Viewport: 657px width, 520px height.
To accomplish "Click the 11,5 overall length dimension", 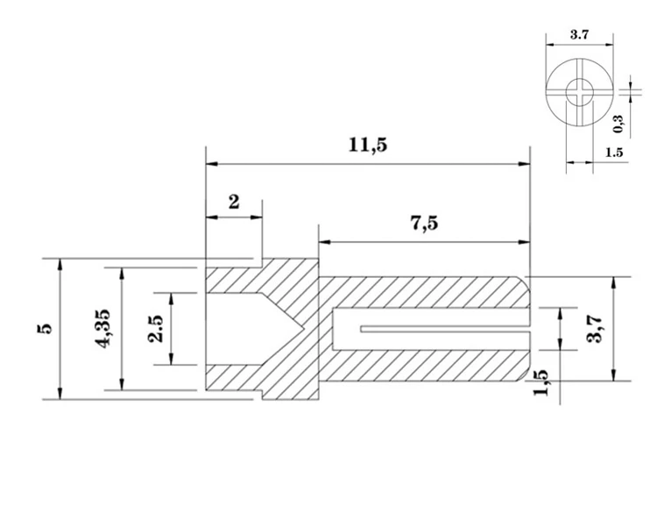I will point(367,146).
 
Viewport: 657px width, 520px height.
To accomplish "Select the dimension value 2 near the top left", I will point(234,202).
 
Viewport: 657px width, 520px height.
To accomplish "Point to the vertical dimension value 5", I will point(45,329).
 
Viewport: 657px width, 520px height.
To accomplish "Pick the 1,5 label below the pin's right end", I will point(540,382).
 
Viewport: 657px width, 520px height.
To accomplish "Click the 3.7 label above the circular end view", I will point(579,36).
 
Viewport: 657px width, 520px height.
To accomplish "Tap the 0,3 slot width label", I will point(618,124).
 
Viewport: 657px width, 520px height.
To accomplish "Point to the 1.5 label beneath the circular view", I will point(613,153).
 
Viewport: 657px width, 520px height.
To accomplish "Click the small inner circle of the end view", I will point(578,90).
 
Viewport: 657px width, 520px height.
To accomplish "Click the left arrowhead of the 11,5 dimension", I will point(208,162).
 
